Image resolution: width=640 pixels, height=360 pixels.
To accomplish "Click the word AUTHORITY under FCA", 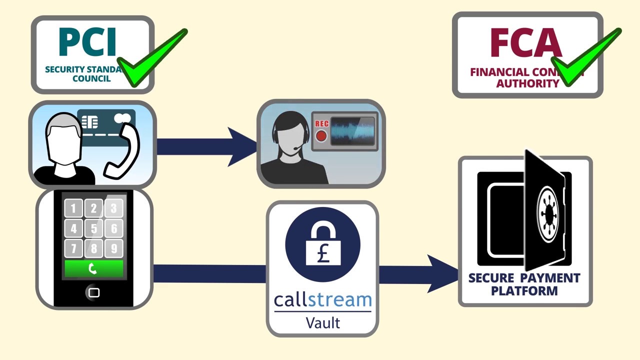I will point(527,83).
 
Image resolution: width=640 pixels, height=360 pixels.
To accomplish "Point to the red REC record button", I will point(321,135).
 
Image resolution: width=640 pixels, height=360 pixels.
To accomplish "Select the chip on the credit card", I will point(90,122).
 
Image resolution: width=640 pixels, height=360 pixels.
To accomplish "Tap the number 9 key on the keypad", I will point(114,248).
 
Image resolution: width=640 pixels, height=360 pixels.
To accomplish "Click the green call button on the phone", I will point(93,268).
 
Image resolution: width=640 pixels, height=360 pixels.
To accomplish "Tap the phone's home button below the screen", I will point(93,292).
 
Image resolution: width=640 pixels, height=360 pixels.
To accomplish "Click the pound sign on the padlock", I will point(322,254).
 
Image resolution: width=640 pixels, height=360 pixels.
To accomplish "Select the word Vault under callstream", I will point(322,322).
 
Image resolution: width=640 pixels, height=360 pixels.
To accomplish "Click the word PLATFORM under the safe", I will point(524,290).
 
